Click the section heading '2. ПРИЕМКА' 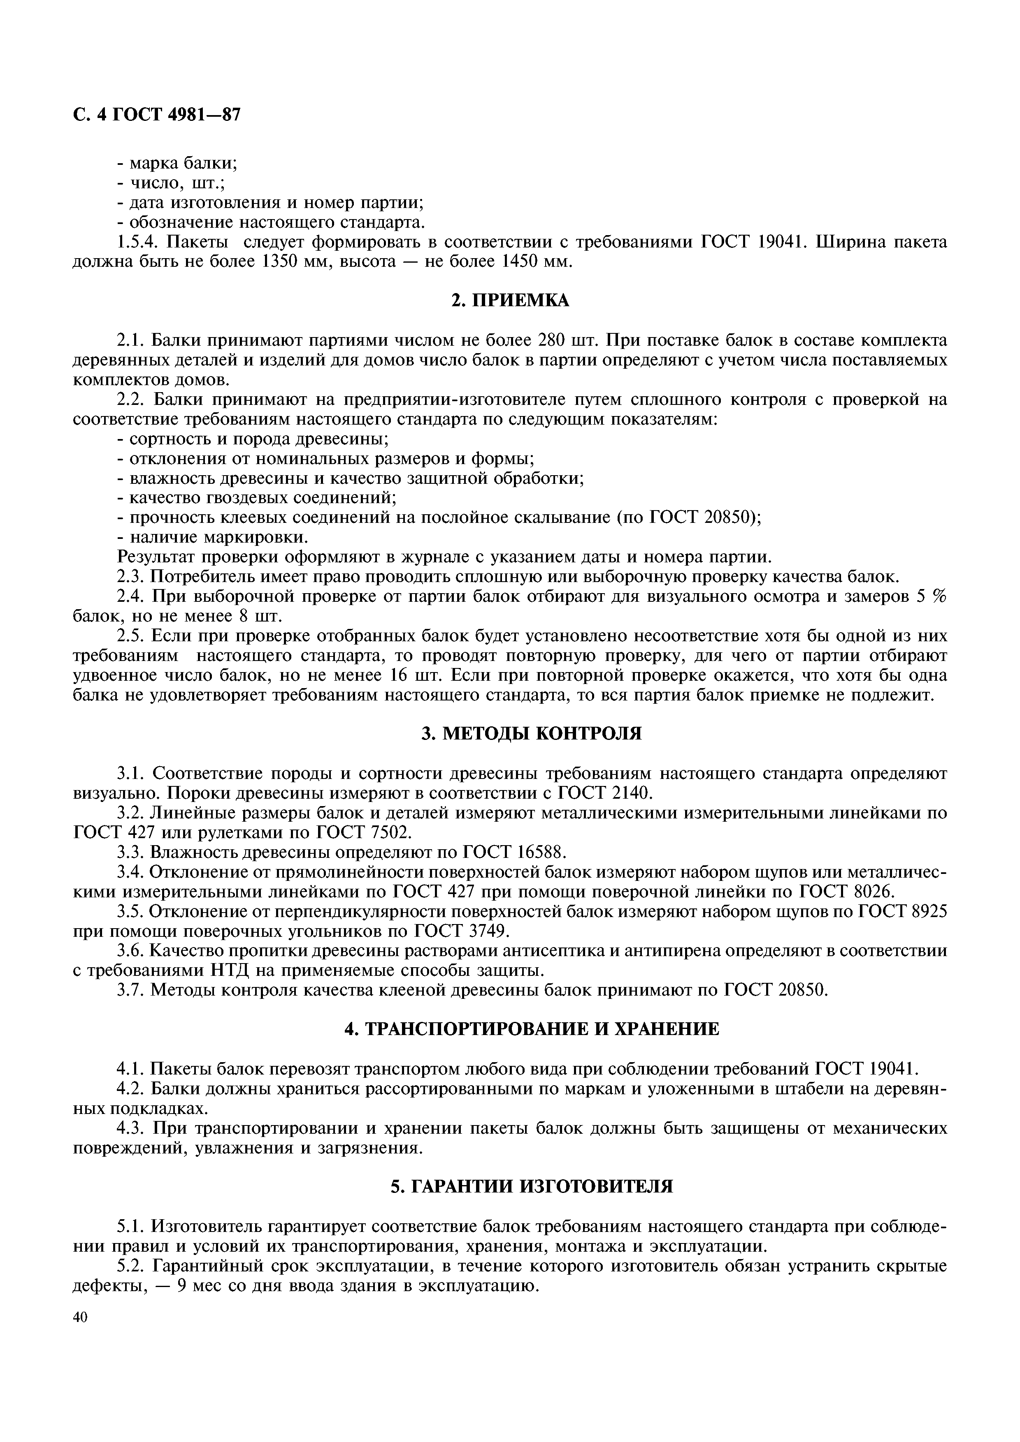[510, 301]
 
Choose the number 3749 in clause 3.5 [485, 931]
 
